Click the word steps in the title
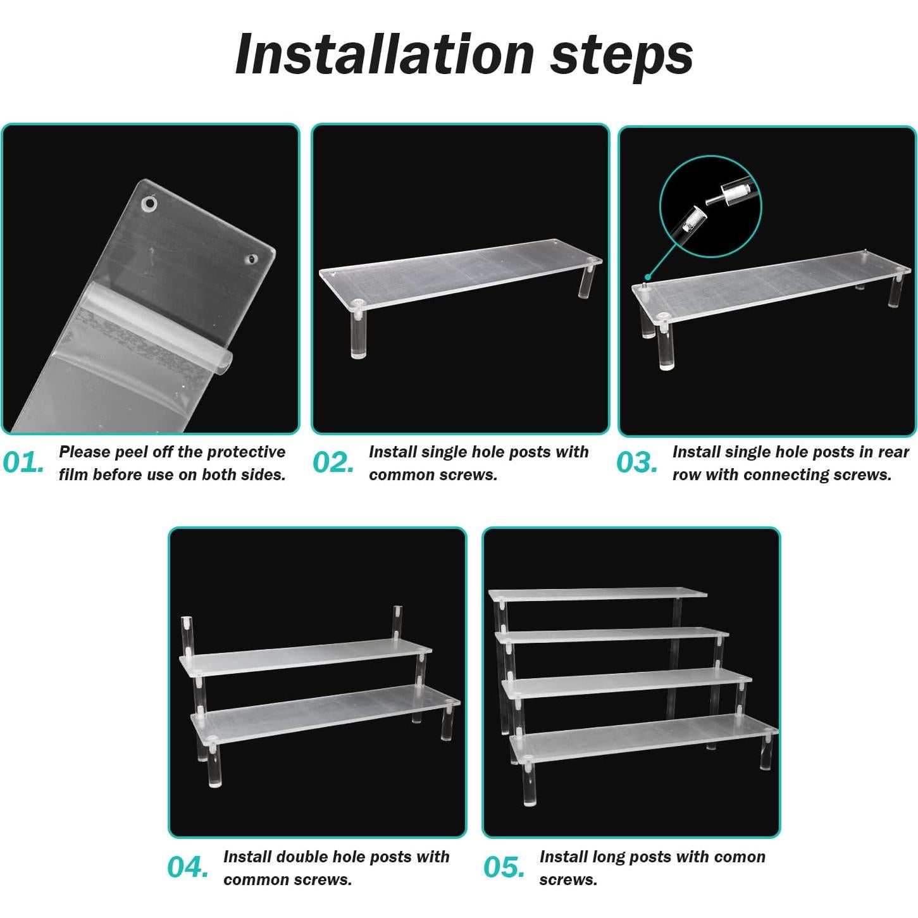coord(622,58)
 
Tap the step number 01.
coord(23,462)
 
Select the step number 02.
coord(333,462)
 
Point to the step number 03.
coord(637,462)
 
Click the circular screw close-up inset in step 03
coord(710,206)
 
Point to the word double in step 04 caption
coord(304,857)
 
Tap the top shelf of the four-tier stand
coord(599,595)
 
